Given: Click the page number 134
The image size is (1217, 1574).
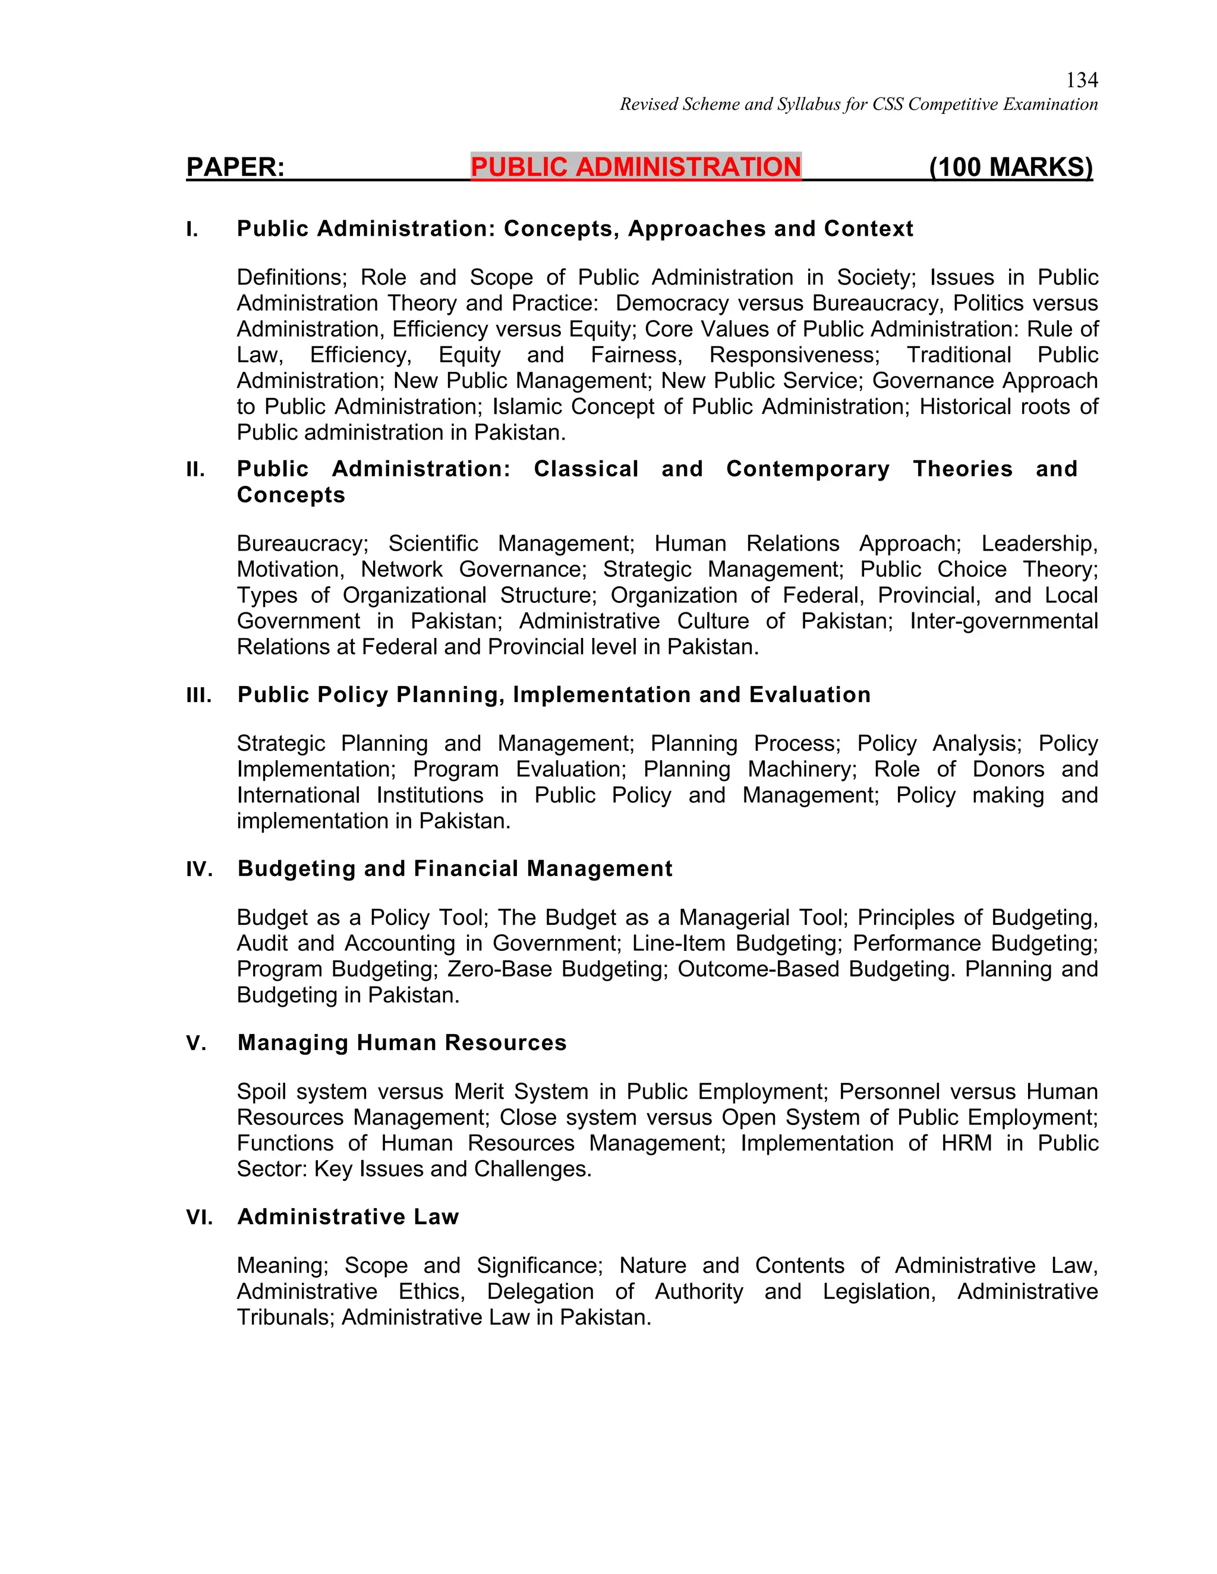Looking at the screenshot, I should pos(1082,80).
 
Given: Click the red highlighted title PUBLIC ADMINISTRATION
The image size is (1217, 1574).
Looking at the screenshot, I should pos(635,167).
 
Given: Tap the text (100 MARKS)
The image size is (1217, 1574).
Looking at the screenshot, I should pos(1010,167).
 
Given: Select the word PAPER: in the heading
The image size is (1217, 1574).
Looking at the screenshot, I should pos(235,167).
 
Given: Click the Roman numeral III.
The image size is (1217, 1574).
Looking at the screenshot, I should pos(198,696).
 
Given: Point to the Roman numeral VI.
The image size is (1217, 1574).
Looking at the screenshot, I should pos(199,1217).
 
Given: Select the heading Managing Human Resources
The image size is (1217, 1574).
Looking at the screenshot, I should pos(402,1043).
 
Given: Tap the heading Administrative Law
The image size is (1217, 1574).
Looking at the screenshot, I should pos(348,1217).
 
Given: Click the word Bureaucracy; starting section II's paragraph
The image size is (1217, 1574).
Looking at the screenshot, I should pos(302,543).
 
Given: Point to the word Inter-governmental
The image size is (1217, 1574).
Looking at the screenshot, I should pos(1003,621).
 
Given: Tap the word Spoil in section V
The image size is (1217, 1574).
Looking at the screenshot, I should pos(263,1092).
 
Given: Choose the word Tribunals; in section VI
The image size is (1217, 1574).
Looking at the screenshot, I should pos(285,1317).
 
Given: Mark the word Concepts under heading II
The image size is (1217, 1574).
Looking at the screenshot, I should pos(291,495).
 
